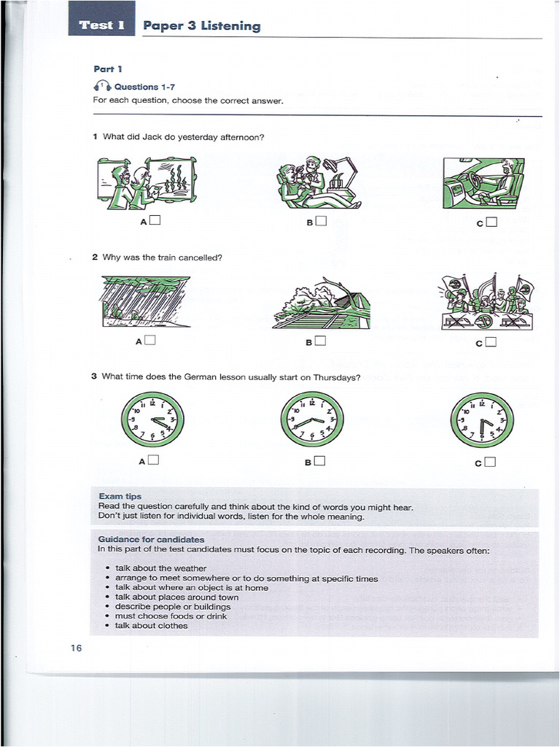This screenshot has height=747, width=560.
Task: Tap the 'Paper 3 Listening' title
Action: pyautogui.click(x=201, y=26)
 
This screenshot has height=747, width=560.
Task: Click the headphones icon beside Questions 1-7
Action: pyautogui.click(x=102, y=87)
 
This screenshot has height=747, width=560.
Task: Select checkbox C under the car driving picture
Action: pyautogui.click(x=491, y=222)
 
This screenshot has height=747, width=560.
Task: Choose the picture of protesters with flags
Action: pyautogui.click(x=487, y=302)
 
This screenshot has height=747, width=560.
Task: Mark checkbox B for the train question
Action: pyautogui.click(x=322, y=340)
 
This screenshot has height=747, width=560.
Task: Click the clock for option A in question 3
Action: pyautogui.click(x=152, y=419)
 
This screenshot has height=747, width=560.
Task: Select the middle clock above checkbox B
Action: pyautogui.click(x=312, y=419)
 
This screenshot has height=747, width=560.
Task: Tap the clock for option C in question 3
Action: pyautogui.click(x=482, y=419)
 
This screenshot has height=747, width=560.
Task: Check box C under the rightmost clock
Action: pyautogui.click(x=490, y=461)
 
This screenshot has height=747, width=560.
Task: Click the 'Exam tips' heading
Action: pyautogui.click(x=120, y=496)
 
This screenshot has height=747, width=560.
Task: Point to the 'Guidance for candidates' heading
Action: pyautogui.click(x=151, y=540)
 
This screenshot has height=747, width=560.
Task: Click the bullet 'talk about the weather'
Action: pyautogui.click(x=160, y=568)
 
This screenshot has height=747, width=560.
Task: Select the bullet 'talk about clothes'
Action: pyautogui.click(x=151, y=625)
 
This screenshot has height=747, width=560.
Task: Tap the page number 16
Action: pyautogui.click(x=77, y=649)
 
